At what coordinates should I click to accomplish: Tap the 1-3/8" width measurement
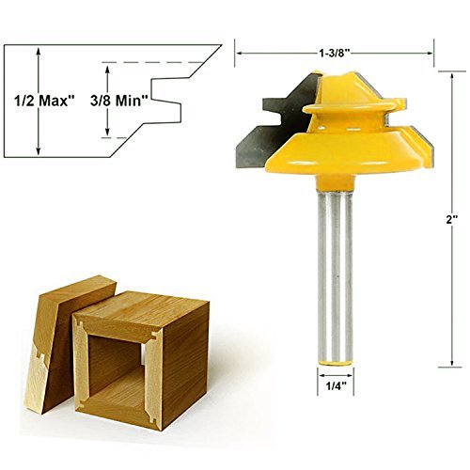pos(335,53)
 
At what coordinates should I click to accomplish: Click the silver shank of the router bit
pos(335,263)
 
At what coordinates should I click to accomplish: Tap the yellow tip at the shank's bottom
pos(335,359)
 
